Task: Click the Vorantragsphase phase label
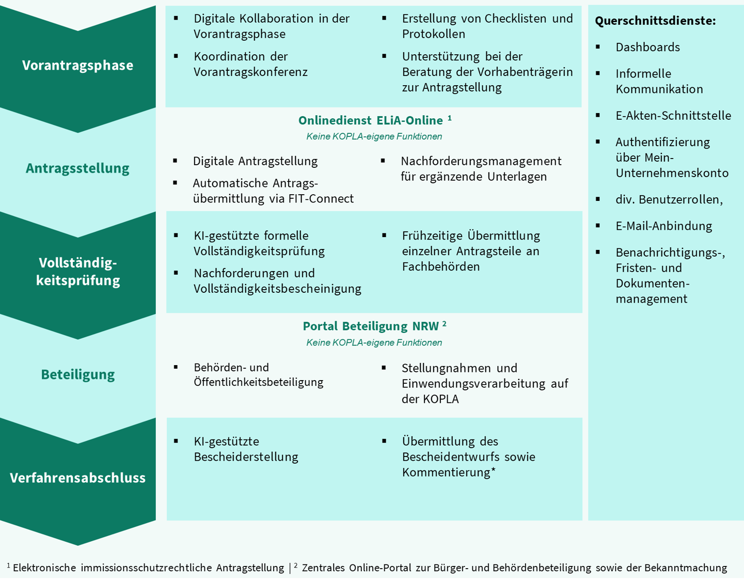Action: click(77, 65)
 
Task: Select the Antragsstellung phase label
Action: click(77, 168)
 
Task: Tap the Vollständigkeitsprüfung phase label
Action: click(78, 271)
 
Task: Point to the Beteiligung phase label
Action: click(78, 374)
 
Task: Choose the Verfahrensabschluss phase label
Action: click(78, 478)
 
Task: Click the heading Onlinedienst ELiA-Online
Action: click(371, 120)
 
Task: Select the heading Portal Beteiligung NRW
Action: click(371, 326)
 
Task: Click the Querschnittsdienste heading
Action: click(655, 21)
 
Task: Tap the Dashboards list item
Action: click(647, 47)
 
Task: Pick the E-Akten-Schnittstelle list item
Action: click(673, 115)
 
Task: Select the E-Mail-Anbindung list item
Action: click(663, 226)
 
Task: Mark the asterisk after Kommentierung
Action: click(493, 470)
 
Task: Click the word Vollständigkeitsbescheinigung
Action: click(277, 288)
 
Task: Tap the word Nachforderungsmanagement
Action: click(481, 161)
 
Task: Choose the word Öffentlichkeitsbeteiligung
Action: click(258, 382)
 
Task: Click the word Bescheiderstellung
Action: click(246, 457)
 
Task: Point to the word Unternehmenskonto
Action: click(672, 173)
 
